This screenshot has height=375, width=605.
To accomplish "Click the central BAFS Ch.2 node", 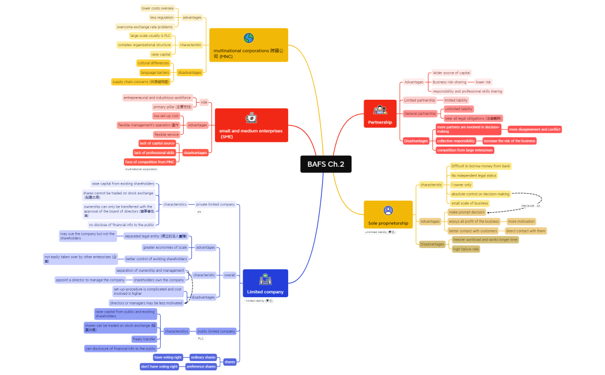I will tap(326, 164).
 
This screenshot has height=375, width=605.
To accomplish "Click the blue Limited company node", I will tap(265, 283).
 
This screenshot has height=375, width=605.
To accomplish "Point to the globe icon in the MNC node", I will tap(248, 38).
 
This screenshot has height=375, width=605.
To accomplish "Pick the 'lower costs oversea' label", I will tap(157, 8).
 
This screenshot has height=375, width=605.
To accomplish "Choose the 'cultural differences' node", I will tap(153, 63).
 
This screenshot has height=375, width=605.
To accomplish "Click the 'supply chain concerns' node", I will tap(141, 82).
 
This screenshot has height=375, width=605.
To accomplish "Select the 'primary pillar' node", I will tap(172, 107).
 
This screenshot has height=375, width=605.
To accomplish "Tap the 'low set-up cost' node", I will tap(166, 116).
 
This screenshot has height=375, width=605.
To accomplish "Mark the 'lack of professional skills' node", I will tap(154, 153).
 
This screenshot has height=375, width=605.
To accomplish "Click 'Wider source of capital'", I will tap(451, 73).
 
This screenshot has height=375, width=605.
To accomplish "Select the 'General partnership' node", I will tap(419, 114).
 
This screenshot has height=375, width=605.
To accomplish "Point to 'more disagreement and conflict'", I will tap(534, 129).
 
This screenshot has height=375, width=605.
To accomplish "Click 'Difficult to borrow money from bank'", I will tap(481, 166).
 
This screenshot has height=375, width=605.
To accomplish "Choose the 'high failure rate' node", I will tap(466, 249).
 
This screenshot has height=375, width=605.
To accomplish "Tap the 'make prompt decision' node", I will tap(467, 212).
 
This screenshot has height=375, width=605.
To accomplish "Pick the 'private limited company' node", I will tap(215, 204).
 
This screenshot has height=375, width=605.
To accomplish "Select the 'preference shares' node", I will tap(201, 366).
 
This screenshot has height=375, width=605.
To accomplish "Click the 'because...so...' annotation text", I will tap(532, 205).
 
